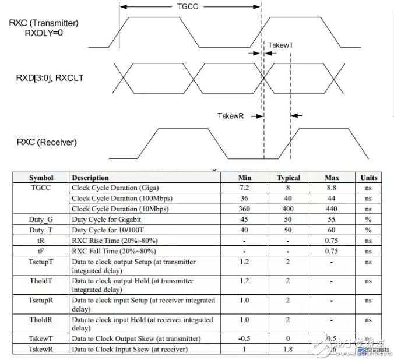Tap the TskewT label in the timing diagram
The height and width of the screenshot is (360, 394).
click(282, 45)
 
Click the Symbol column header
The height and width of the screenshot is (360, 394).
click(41, 178)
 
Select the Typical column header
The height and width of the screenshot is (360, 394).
click(288, 178)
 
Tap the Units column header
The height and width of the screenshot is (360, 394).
click(368, 178)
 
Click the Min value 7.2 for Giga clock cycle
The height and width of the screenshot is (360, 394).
click(244, 188)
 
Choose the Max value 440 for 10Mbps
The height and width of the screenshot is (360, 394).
click(331, 209)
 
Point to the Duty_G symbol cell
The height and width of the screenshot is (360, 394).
click(41, 220)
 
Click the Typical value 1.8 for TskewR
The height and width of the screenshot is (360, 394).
click(288, 349)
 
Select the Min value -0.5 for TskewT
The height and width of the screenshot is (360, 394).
click(244, 338)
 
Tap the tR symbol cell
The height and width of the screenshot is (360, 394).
click(41, 241)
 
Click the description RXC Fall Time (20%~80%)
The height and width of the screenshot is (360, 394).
click(114, 251)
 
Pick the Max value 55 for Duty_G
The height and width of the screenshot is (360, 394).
click(331, 220)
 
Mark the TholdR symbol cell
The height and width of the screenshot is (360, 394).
click(41, 320)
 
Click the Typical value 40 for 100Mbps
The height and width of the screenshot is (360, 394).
click(288, 199)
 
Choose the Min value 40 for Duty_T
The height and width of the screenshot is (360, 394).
click(244, 230)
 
